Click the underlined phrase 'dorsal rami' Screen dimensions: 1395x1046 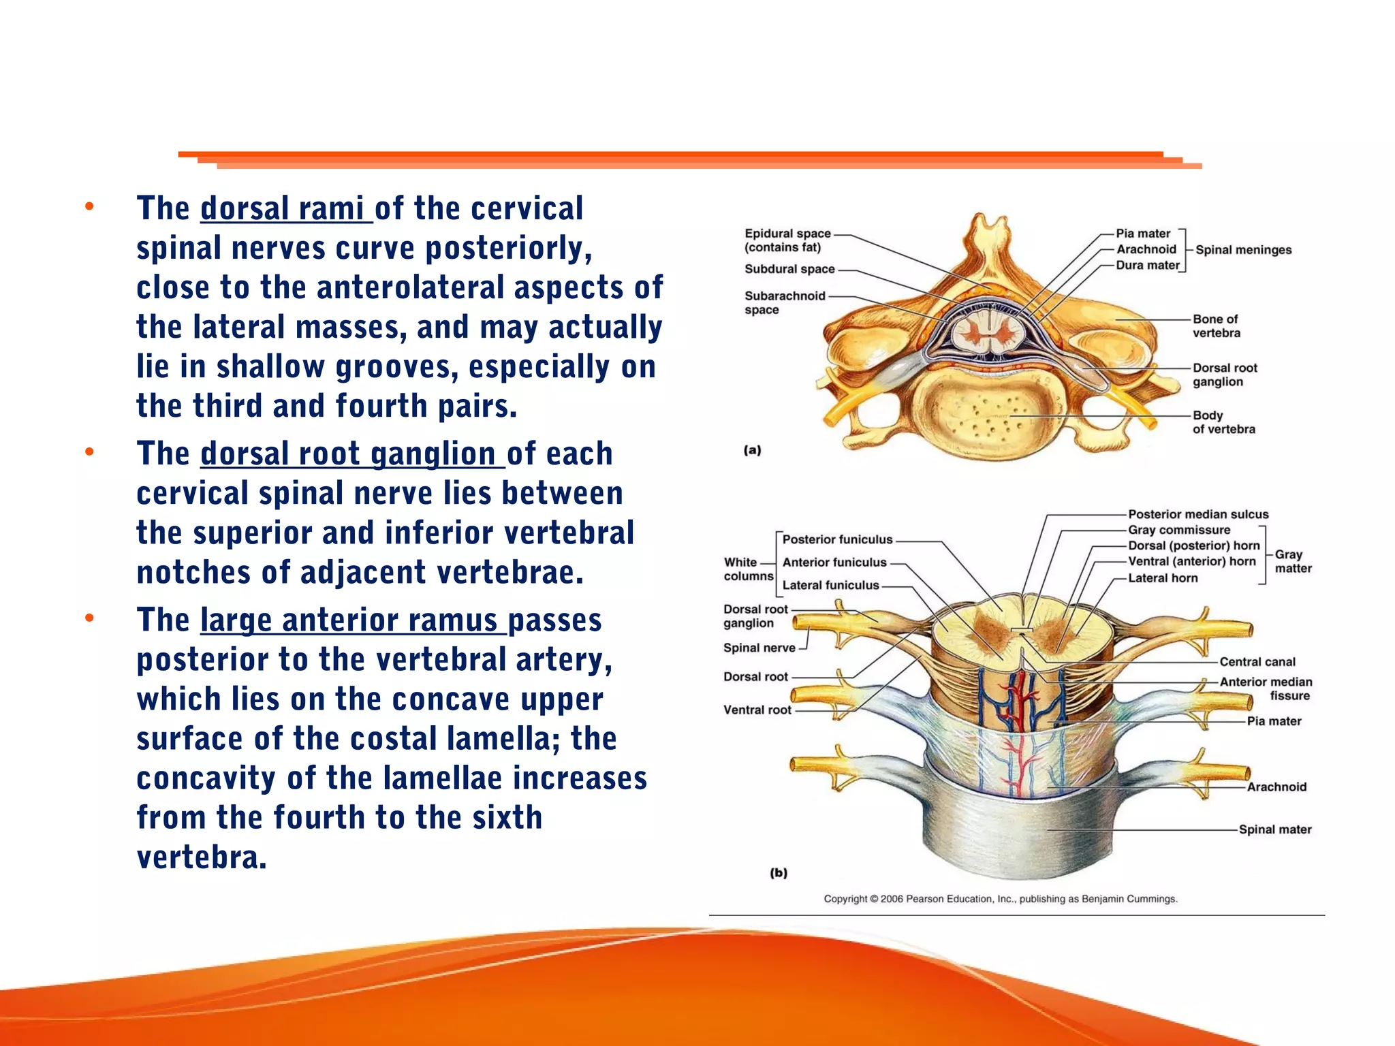(285, 208)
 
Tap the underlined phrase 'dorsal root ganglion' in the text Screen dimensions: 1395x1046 (351, 454)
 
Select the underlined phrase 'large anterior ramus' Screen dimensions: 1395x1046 (352, 620)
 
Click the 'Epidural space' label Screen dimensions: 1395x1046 (787, 234)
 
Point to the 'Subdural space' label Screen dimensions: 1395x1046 (789, 269)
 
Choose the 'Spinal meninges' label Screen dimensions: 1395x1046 (1243, 250)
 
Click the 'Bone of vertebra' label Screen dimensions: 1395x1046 (1216, 326)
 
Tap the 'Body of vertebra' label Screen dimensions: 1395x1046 (1223, 422)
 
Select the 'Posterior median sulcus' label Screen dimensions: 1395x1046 (1198, 514)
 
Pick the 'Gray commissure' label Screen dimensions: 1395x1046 (1179, 530)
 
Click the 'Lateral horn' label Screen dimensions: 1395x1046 (1163, 578)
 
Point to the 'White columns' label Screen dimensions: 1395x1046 (748, 569)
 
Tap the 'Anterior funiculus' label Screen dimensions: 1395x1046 (834, 562)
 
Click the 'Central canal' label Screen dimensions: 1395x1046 (1257, 662)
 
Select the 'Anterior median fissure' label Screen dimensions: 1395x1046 (1266, 688)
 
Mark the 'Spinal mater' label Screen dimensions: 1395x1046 (1274, 829)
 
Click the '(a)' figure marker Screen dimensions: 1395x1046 (752, 450)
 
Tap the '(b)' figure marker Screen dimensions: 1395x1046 (779, 873)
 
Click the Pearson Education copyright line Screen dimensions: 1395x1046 (1001, 899)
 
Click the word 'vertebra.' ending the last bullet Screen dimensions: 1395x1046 (202, 857)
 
